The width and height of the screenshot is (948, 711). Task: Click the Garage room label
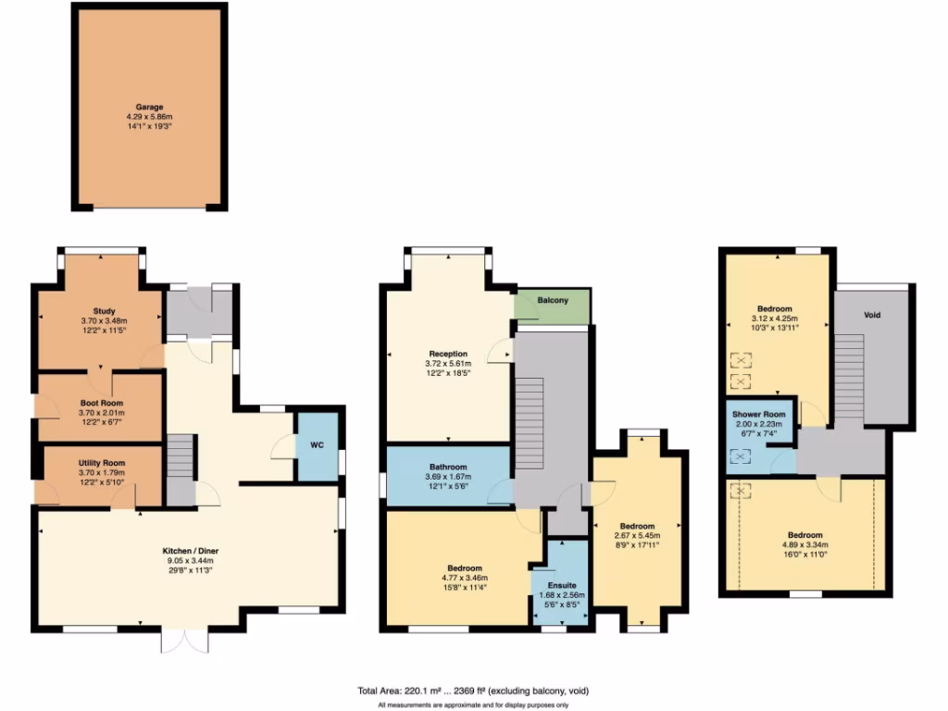[x=149, y=107]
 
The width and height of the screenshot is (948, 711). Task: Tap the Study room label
[x=103, y=310]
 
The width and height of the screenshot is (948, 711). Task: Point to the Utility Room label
[x=102, y=462]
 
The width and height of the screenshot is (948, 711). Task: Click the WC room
[x=317, y=445]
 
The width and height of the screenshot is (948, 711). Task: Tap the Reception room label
[x=448, y=354]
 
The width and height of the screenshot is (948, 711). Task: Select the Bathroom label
[x=447, y=467]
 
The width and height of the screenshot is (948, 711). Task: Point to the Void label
[x=872, y=315]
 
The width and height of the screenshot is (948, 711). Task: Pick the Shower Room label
[x=759, y=414]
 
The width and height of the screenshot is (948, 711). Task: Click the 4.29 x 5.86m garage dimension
[x=149, y=118]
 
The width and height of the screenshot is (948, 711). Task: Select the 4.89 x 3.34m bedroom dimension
[x=805, y=545]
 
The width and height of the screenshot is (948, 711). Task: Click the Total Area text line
[x=472, y=691]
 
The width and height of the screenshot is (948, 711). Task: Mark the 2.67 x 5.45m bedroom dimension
[x=638, y=535]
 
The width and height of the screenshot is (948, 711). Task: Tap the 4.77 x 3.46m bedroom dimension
[x=464, y=578]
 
